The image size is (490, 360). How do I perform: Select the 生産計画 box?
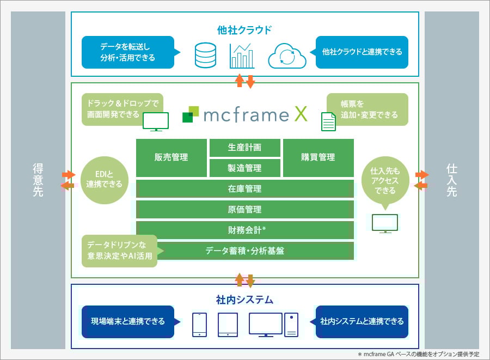244,148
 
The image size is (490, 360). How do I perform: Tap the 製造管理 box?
244,168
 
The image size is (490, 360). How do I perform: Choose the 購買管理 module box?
318,157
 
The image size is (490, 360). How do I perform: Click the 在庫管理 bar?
244,189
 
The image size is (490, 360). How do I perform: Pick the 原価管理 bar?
244,210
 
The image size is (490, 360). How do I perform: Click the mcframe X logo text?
255,114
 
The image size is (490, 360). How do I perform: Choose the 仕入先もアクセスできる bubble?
384,181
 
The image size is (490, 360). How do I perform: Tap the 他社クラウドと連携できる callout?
362,52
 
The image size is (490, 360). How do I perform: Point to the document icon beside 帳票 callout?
328,121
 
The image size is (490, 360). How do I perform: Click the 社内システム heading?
244,300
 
